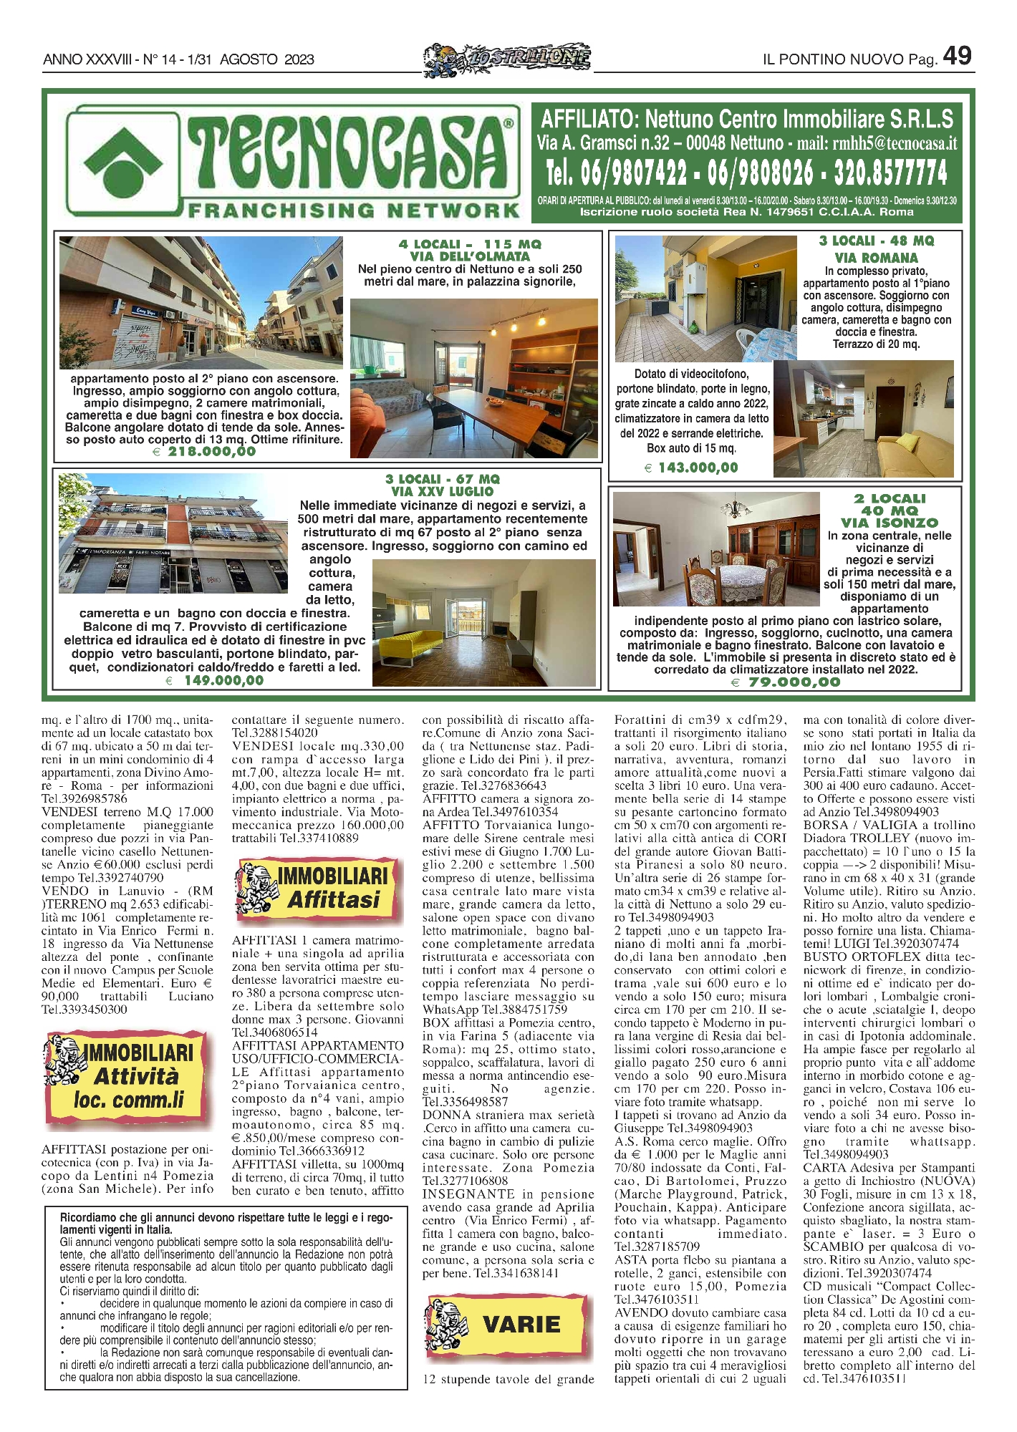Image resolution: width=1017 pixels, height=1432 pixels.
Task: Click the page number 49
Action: coord(957,56)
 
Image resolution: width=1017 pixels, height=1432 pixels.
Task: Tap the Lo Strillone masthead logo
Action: coord(507,57)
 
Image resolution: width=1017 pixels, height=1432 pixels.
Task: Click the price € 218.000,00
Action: coord(205,452)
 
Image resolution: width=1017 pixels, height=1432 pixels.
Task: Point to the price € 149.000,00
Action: coord(215,681)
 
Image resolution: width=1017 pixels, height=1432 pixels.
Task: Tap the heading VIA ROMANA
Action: coord(876,258)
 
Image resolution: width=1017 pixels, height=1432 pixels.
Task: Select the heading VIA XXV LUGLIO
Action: coord(442,492)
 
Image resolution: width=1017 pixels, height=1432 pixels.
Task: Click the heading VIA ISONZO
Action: coord(889,523)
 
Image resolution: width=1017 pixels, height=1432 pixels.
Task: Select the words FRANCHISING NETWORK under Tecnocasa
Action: coord(353,211)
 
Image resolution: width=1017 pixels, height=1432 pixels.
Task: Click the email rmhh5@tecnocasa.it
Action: coord(894,143)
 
